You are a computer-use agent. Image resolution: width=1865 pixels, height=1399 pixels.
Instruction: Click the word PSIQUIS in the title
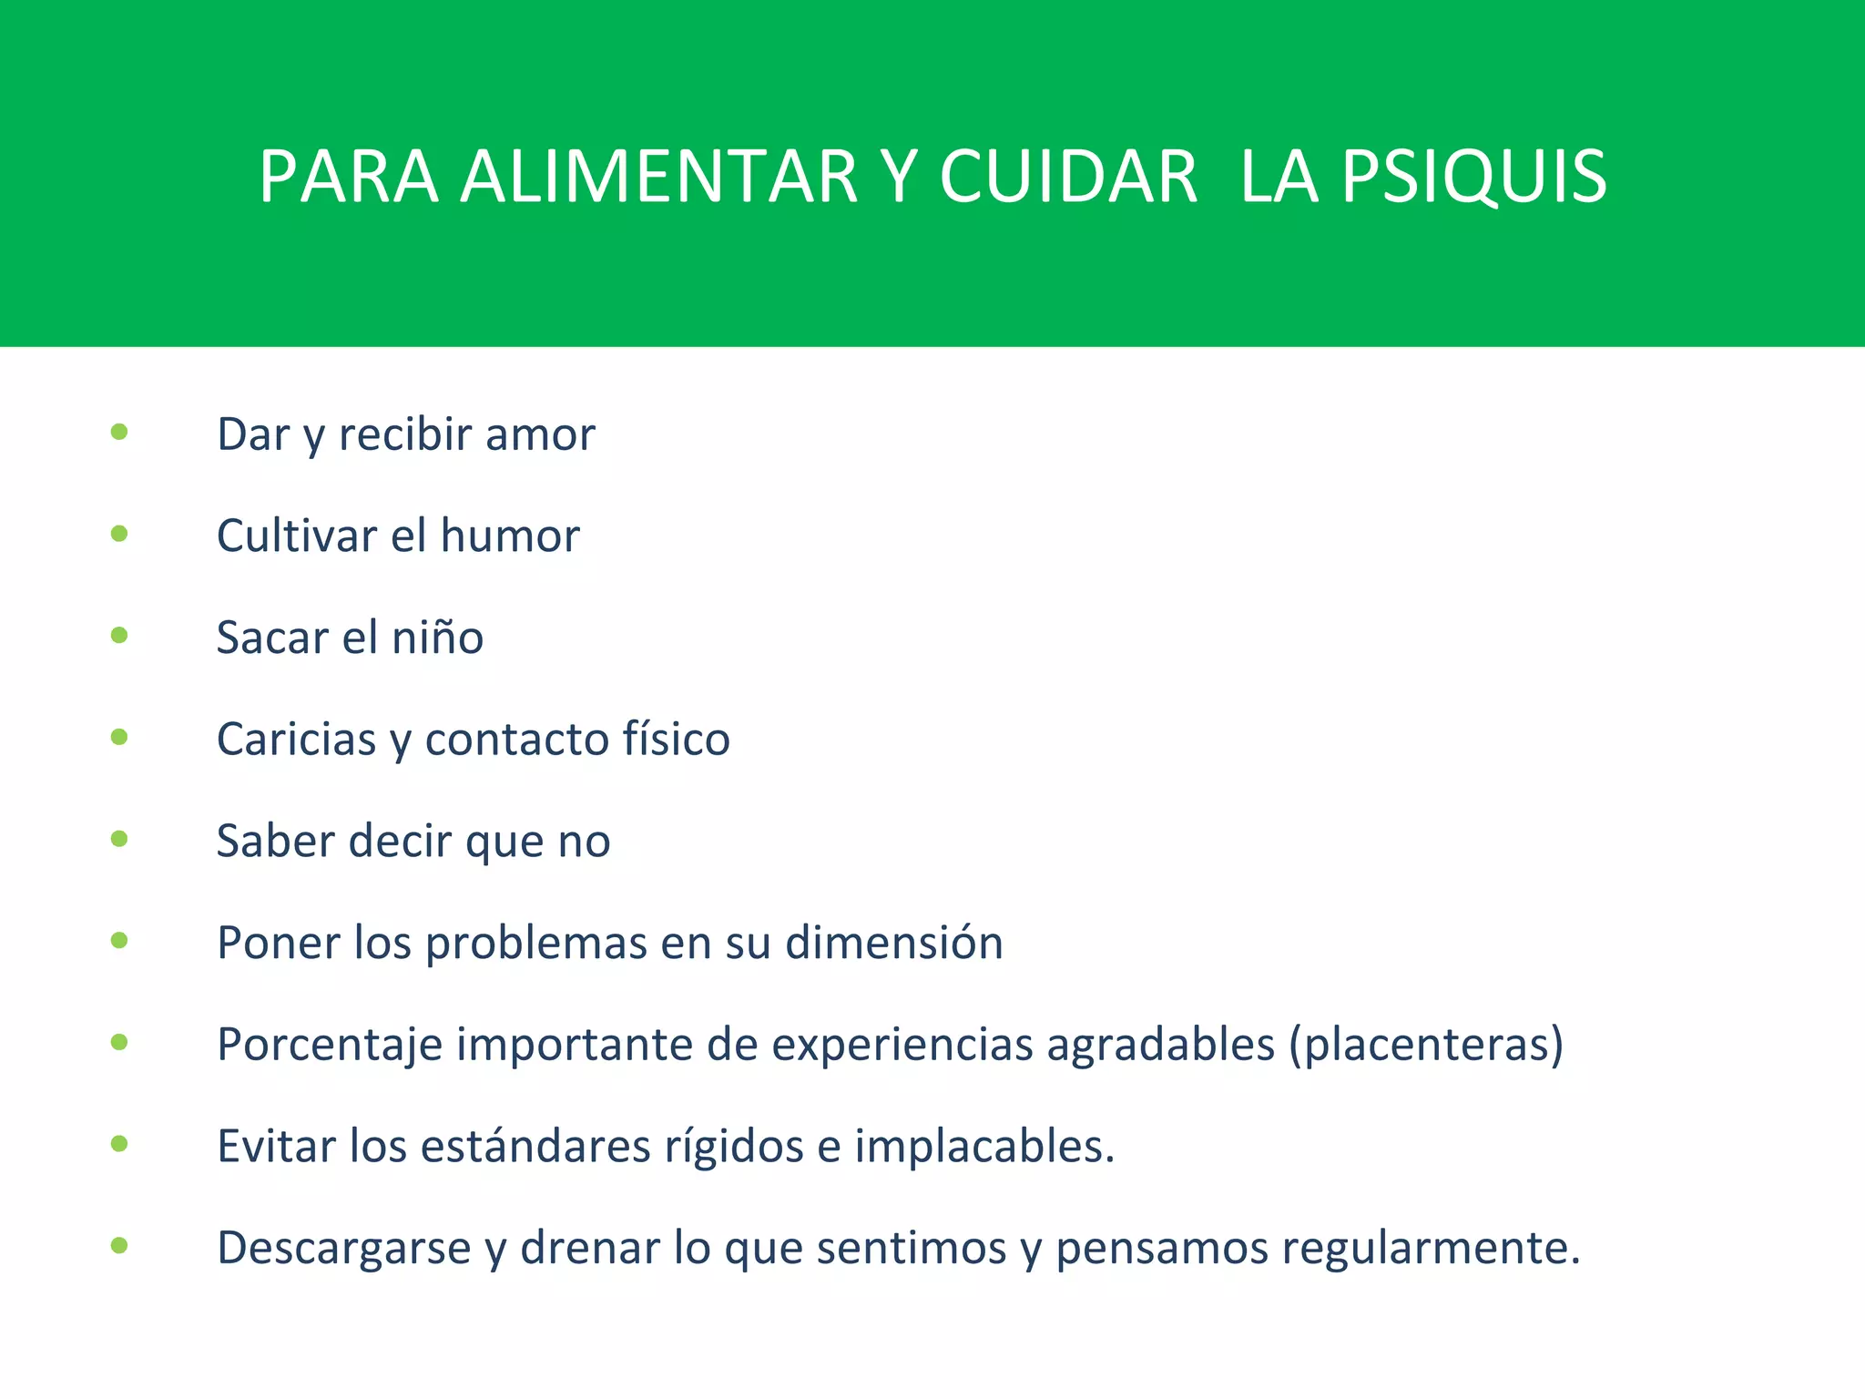1473,177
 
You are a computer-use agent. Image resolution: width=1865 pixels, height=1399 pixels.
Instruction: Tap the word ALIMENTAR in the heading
659,177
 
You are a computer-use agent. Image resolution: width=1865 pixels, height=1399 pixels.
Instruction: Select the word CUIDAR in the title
1067,177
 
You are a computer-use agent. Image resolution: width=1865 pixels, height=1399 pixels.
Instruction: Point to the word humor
510,536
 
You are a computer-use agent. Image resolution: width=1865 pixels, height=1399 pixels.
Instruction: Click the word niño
437,638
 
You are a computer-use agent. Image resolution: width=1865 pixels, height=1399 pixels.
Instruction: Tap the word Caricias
296,740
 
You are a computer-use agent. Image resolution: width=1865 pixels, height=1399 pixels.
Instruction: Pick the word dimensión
894,943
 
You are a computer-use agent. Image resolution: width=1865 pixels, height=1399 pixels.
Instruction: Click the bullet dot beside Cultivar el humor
119,534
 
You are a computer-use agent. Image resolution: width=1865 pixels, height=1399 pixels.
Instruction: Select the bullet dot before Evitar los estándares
119,1144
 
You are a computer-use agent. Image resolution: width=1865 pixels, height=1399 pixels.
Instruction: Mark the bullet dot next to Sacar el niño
119,636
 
